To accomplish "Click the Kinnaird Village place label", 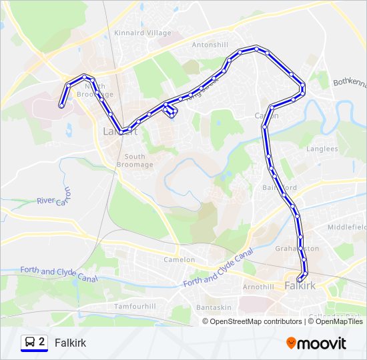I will click(143, 33).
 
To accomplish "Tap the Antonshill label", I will click(210, 45).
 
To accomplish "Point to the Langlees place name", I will click(322, 149).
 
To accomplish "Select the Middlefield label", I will click(346, 227).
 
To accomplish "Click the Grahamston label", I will click(297, 248).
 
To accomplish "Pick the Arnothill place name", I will click(259, 287).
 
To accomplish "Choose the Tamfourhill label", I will click(135, 306).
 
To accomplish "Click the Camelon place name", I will click(179, 259).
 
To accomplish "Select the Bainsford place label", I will click(280, 187).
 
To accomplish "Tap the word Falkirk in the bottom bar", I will click(70, 343).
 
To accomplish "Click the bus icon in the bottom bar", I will click(30, 343).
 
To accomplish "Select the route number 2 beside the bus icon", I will click(42, 342).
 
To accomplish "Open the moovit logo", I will click(316, 343).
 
